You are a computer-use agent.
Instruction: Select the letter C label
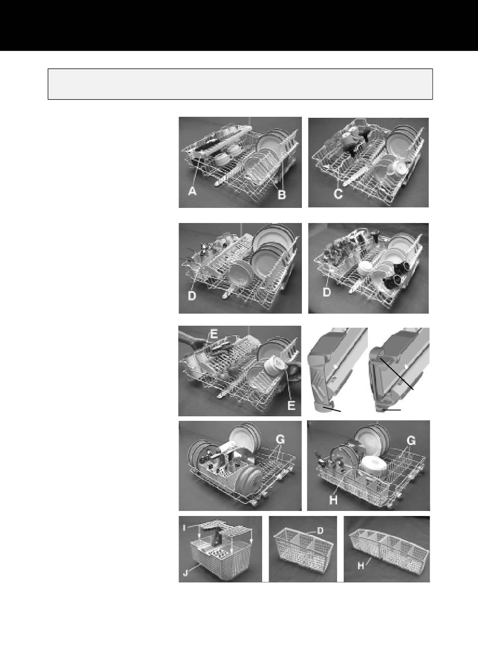(338, 194)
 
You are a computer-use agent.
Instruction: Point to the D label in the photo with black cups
(327, 292)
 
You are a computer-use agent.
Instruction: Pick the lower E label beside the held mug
(292, 405)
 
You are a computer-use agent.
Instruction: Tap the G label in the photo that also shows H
(411, 441)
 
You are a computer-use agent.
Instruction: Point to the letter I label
(184, 528)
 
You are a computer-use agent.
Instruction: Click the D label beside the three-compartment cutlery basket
(320, 530)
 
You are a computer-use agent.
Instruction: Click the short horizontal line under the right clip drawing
(391, 410)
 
